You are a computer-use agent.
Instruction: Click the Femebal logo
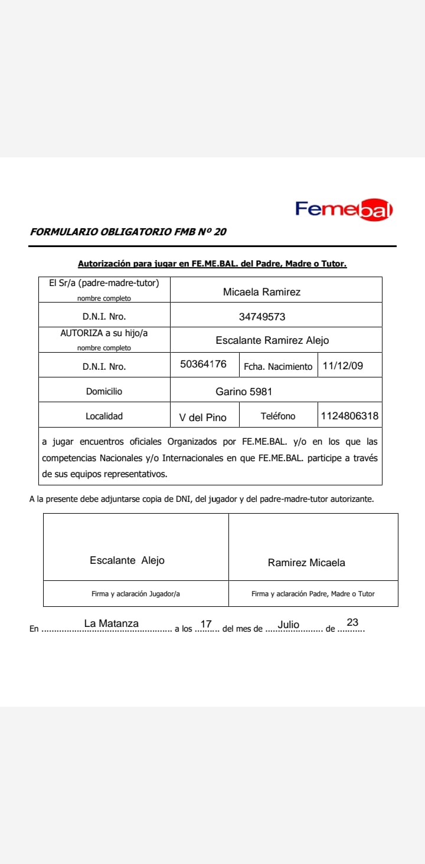[344, 209]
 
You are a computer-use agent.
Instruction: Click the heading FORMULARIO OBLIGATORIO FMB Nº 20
[128, 232]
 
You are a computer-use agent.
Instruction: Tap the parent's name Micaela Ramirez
[261, 292]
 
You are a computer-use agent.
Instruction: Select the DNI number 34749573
[261, 317]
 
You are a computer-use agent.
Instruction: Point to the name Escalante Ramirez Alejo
[272, 340]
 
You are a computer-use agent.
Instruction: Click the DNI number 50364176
[203, 364]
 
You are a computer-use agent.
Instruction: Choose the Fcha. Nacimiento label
[278, 367]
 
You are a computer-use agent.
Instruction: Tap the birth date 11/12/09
[343, 366]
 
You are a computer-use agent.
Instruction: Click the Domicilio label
[104, 391]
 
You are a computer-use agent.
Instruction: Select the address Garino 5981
[244, 391]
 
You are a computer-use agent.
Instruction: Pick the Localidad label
[104, 416]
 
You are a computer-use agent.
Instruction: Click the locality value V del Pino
[202, 418]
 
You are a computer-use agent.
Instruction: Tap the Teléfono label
[278, 416]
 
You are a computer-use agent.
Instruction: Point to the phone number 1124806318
[349, 416]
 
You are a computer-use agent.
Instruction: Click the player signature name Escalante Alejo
[127, 560]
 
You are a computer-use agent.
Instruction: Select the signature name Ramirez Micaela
[306, 563]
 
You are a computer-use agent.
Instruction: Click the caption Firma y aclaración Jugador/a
[136, 594]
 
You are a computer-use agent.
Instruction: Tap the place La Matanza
[112, 623]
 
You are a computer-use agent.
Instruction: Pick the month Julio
[289, 625]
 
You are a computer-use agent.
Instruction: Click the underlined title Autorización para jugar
[212, 264]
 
